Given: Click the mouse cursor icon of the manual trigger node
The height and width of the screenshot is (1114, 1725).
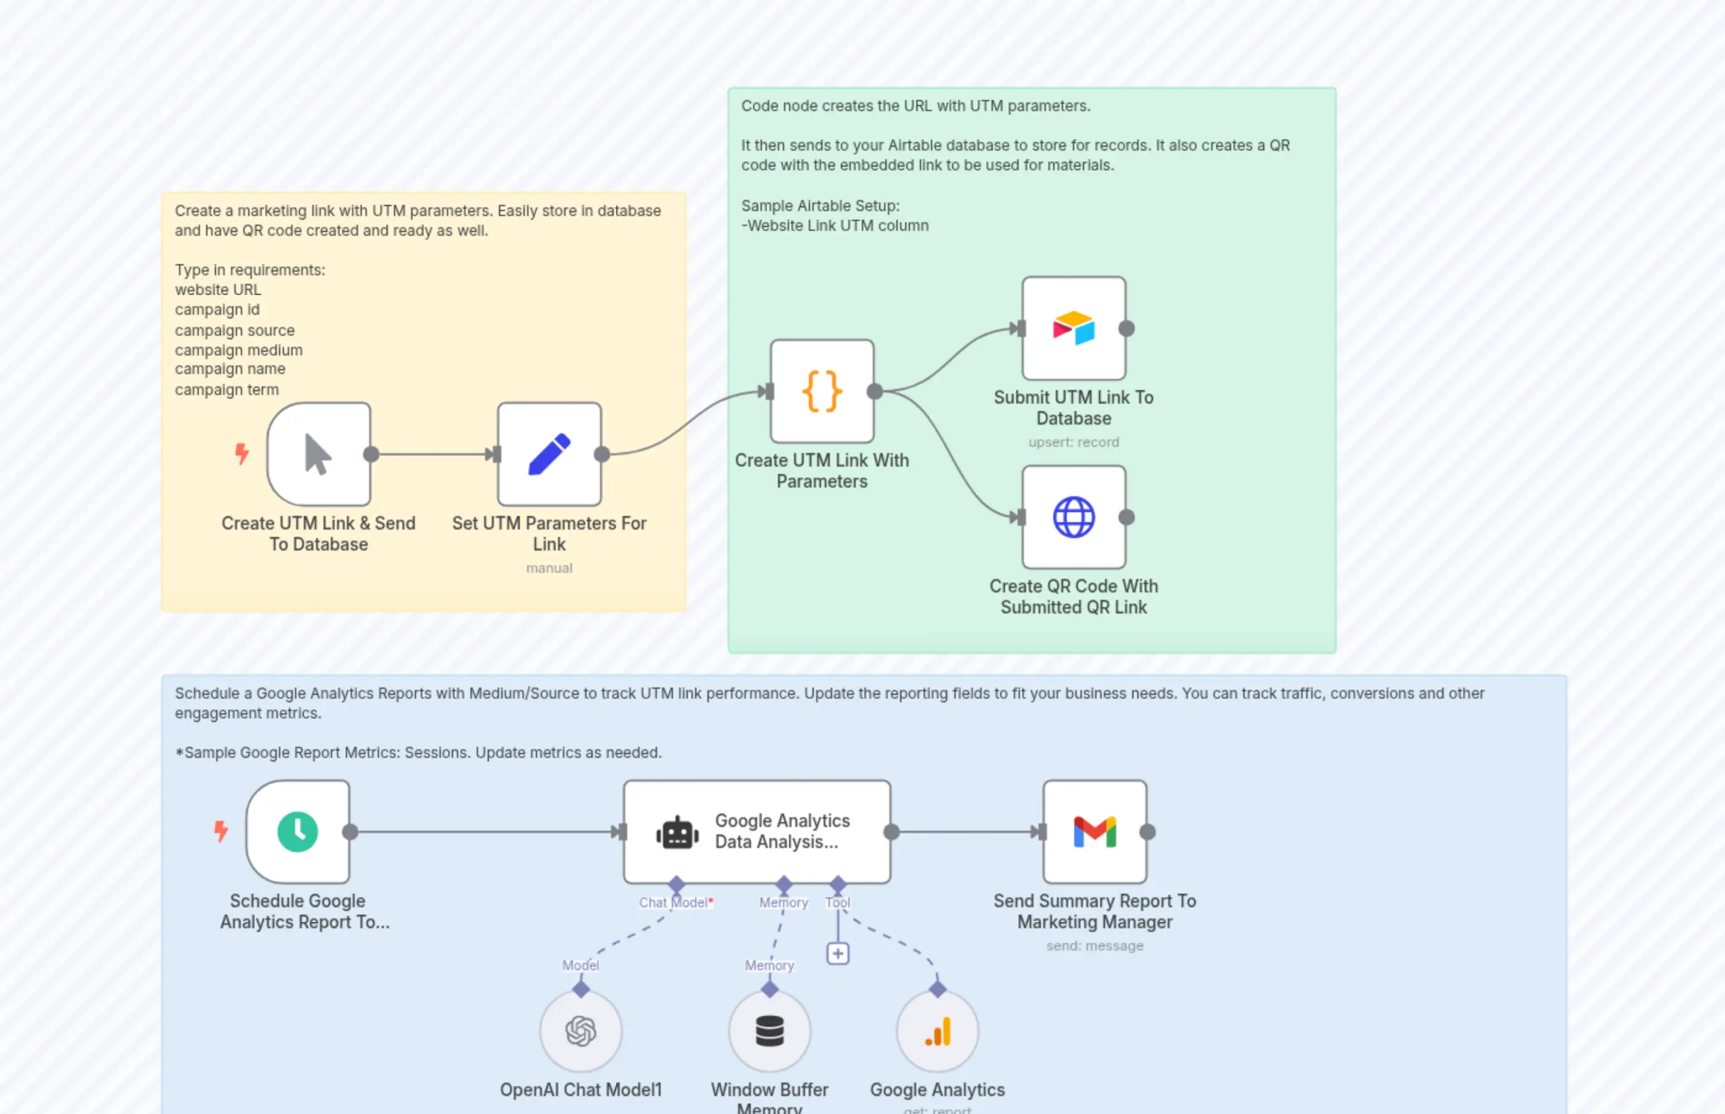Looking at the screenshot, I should (x=319, y=454).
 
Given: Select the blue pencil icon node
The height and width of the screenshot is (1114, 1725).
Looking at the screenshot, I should (x=549, y=454).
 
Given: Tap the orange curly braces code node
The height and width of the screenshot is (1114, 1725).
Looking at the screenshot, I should (x=822, y=391).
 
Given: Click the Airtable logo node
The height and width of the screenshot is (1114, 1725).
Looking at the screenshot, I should (x=1074, y=328).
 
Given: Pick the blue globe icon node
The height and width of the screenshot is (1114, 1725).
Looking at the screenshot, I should (x=1074, y=517).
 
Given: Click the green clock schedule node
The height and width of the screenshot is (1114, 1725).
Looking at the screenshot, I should (x=298, y=832).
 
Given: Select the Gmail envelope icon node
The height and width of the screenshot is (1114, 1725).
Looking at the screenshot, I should (x=1095, y=832).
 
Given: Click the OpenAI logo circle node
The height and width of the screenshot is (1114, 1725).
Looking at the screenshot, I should (x=580, y=1031).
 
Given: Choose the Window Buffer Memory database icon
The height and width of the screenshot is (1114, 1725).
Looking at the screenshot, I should (x=769, y=1031).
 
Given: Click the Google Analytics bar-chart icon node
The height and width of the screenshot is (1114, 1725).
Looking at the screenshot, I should (x=938, y=1031).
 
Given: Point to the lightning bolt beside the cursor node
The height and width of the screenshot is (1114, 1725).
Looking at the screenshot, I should (x=241, y=454).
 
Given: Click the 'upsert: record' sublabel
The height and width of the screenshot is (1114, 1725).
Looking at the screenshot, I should (x=1074, y=442).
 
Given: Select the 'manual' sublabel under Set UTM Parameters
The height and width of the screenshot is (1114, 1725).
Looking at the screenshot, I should (x=549, y=568).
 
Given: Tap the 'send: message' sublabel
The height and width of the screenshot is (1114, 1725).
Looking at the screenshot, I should (x=1095, y=946).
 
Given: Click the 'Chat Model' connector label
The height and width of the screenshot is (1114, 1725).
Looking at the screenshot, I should (x=674, y=903).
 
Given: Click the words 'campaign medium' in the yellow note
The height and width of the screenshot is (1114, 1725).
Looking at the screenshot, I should (x=239, y=350).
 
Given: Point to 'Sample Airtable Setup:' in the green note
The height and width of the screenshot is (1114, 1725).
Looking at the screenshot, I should (x=820, y=206).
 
